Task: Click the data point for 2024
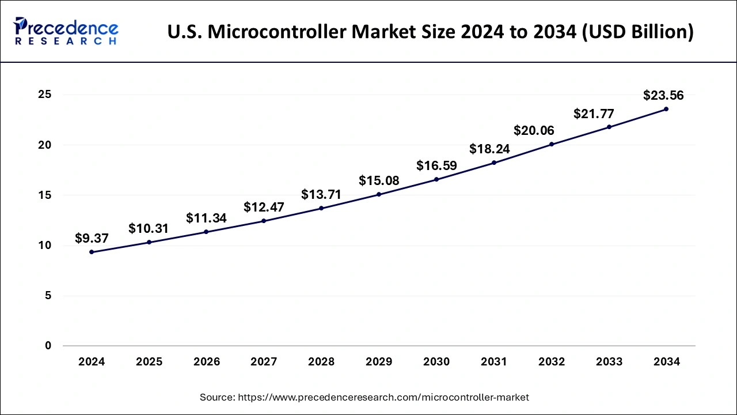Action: pyautogui.click(x=92, y=252)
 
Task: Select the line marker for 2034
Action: pyautogui.click(x=666, y=109)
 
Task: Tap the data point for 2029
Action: pyautogui.click(x=379, y=194)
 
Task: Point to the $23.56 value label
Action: pyautogui.click(x=663, y=96)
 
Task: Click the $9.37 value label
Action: pyautogui.click(x=92, y=238)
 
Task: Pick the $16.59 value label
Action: pyautogui.click(x=436, y=166)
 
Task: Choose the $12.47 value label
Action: pyautogui.click(x=264, y=207)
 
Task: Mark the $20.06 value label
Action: pyautogui.click(x=534, y=131)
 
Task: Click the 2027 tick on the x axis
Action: pyautogui.click(x=264, y=362)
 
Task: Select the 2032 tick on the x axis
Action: pyautogui.click(x=552, y=362)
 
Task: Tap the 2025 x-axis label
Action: pyautogui.click(x=149, y=362)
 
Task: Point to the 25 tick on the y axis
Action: pyautogui.click(x=44, y=95)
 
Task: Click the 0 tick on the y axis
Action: pyautogui.click(x=48, y=346)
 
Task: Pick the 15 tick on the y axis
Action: pyautogui.click(x=44, y=195)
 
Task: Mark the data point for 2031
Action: pyautogui.click(x=494, y=163)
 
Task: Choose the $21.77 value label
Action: pyautogui.click(x=594, y=114)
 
